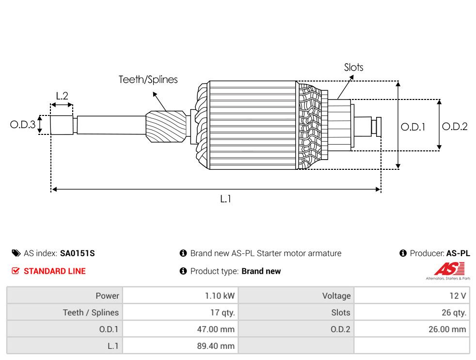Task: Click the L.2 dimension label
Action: (x=62, y=96)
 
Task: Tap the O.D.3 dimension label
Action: (x=23, y=124)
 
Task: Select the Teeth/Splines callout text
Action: (x=148, y=80)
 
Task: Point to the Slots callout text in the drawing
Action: (x=354, y=67)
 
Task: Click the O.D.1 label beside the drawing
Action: (x=413, y=127)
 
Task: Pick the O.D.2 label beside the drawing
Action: (x=455, y=126)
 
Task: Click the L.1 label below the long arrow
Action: (x=225, y=199)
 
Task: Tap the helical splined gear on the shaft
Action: (x=166, y=126)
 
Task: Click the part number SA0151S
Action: (x=78, y=253)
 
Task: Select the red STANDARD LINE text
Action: (x=55, y=271)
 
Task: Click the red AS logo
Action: (x=449, y=269)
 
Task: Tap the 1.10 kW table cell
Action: (x=180, y=295)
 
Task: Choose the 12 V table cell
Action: (x=412, y=295)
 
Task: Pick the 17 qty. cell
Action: (x=180, y=312)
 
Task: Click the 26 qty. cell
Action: (x=412, y=312)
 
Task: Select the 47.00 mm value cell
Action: (x=180, y=329)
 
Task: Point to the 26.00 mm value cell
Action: (x=412, y=329)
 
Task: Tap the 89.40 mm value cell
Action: (x=180, y=346)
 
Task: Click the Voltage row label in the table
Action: (x=336, y=296)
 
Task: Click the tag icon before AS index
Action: (x=16, y=253)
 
